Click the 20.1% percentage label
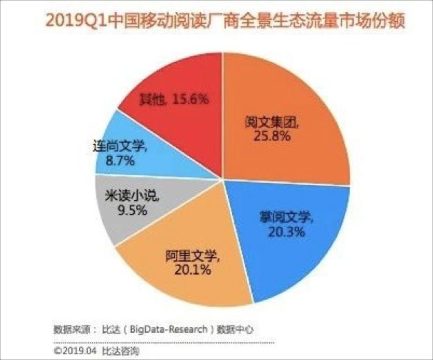pyautogui.click(x=193, y=270)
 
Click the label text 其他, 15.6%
pyautogui.click(x=174, y=99)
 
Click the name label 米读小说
pyautogui.click(x=132, y=196)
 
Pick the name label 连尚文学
pyautogui.click(x=119, y=148)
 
